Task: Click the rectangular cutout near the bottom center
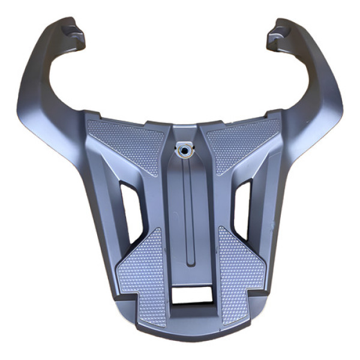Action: tap(191, 294)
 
